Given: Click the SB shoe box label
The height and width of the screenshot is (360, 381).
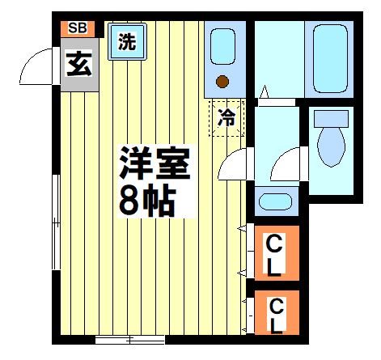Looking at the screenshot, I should pyautogui.click(x=77, y=28).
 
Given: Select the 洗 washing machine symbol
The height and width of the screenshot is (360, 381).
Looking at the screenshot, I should pyautogui.click(x=126, y=43).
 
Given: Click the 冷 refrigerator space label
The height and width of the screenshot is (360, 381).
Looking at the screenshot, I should pyautogui.click(x=228, y=116).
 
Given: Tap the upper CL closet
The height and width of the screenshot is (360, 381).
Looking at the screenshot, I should pyautogui.click(x=276, y=252).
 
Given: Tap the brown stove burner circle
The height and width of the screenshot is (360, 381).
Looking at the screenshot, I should pyautogui.click(x=224, y=80).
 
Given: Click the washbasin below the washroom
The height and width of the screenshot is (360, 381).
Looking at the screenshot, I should pyautogui.click(x=269, y=201).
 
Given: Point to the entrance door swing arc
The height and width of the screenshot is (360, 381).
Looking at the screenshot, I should pyautogui.click(x=36, y=66).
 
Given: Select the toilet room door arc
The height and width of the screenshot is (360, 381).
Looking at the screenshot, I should pyautogui.click(x=285, y=166).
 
